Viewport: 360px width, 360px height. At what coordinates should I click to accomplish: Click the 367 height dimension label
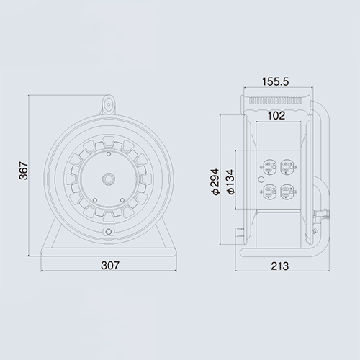point(24,171)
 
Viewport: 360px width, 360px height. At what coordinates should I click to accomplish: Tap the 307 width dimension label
point(110,266)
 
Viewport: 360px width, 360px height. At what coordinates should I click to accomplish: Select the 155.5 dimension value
point(275,81)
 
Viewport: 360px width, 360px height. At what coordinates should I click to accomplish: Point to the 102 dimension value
point(276,116)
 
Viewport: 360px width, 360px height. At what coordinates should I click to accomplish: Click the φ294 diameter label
point(215,181)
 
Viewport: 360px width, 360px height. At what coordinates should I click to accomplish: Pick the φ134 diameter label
point(230,181)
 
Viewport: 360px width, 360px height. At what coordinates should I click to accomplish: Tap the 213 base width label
point(280,266)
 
